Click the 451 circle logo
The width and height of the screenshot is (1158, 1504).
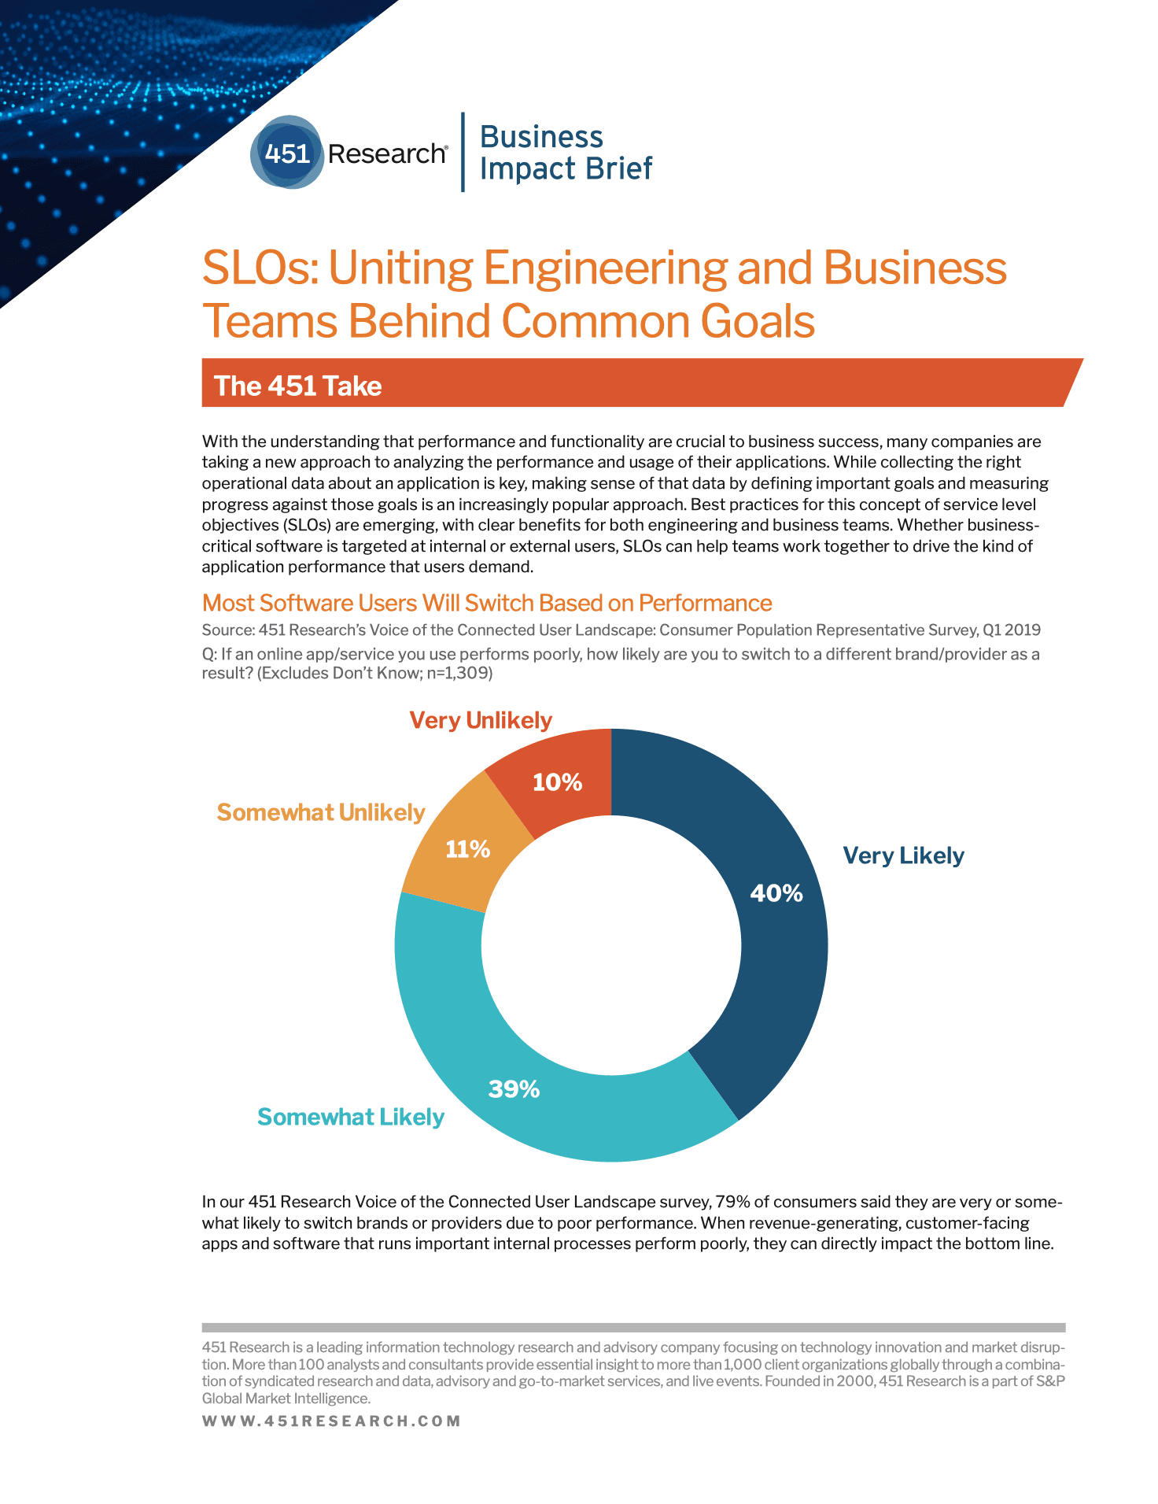(287, 153)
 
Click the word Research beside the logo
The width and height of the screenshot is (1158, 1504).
(386, 153)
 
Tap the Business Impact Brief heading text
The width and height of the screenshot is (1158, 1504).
(565, 153)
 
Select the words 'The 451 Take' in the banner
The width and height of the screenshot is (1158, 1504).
(297, 386)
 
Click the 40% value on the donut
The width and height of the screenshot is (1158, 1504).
(776, 892)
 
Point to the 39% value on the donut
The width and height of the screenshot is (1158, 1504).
(514, 1088)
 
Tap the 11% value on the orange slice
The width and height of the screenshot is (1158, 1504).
(467, 848)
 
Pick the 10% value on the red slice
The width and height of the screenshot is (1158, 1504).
(557, 782)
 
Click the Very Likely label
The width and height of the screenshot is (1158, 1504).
(903, 855)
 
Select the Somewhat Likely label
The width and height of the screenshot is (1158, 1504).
(351, 1117)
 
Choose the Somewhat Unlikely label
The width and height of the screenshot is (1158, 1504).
(320, 812)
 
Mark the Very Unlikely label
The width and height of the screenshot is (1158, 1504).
(481, 720)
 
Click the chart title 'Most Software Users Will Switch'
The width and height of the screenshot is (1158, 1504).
(486, 603)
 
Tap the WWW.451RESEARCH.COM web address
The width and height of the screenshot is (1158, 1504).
(331, 1421)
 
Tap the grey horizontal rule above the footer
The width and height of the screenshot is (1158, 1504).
(633, 1327)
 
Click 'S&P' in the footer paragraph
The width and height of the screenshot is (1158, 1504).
(1050, 1381)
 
